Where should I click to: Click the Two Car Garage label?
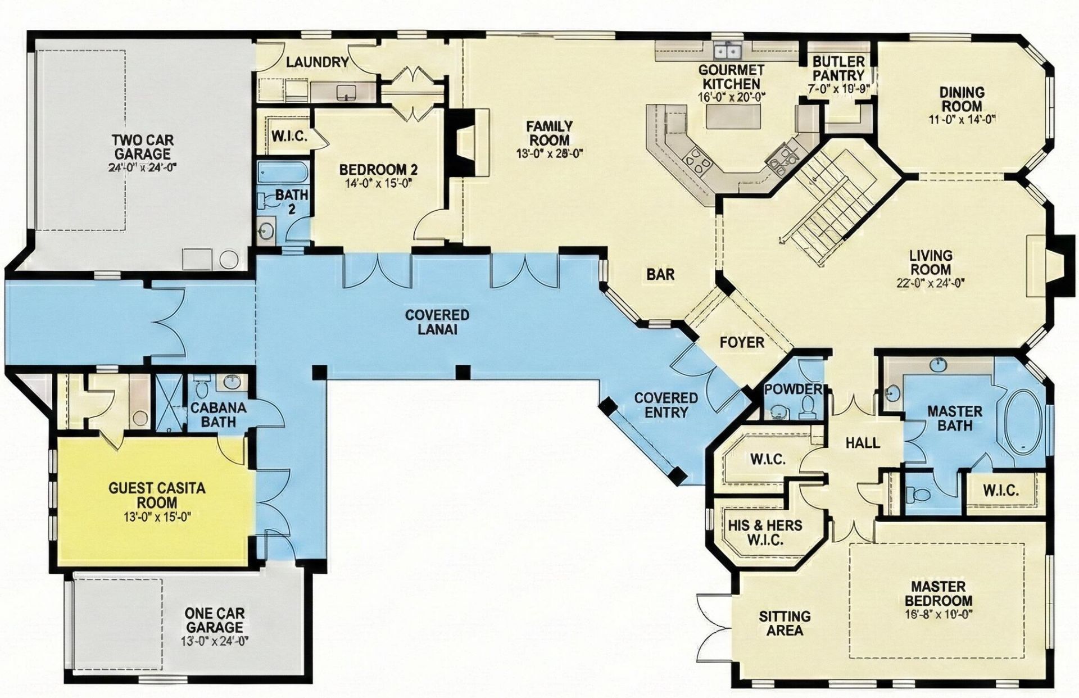[x=142, y=147]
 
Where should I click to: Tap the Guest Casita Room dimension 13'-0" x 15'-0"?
[x=157, y=517]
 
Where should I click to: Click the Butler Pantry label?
[x=838, y=68]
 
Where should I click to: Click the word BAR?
[x=660, y=274]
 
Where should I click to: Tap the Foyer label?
[x=742, y=342]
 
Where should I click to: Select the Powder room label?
[x=793, y=389]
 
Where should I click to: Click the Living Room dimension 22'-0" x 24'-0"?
[x=930, y=283]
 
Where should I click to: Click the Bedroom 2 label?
[x=378, y=169]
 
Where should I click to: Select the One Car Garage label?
[x=215, y=620]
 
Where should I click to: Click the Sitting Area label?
[x=785, y=623]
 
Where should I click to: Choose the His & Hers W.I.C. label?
[x=765, y=533]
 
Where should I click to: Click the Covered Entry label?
[x=666, y=405]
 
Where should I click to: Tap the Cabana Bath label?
[x=219, y=414]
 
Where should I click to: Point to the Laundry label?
[x=317, y=62]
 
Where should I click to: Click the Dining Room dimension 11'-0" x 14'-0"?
[x=962, y=119]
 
